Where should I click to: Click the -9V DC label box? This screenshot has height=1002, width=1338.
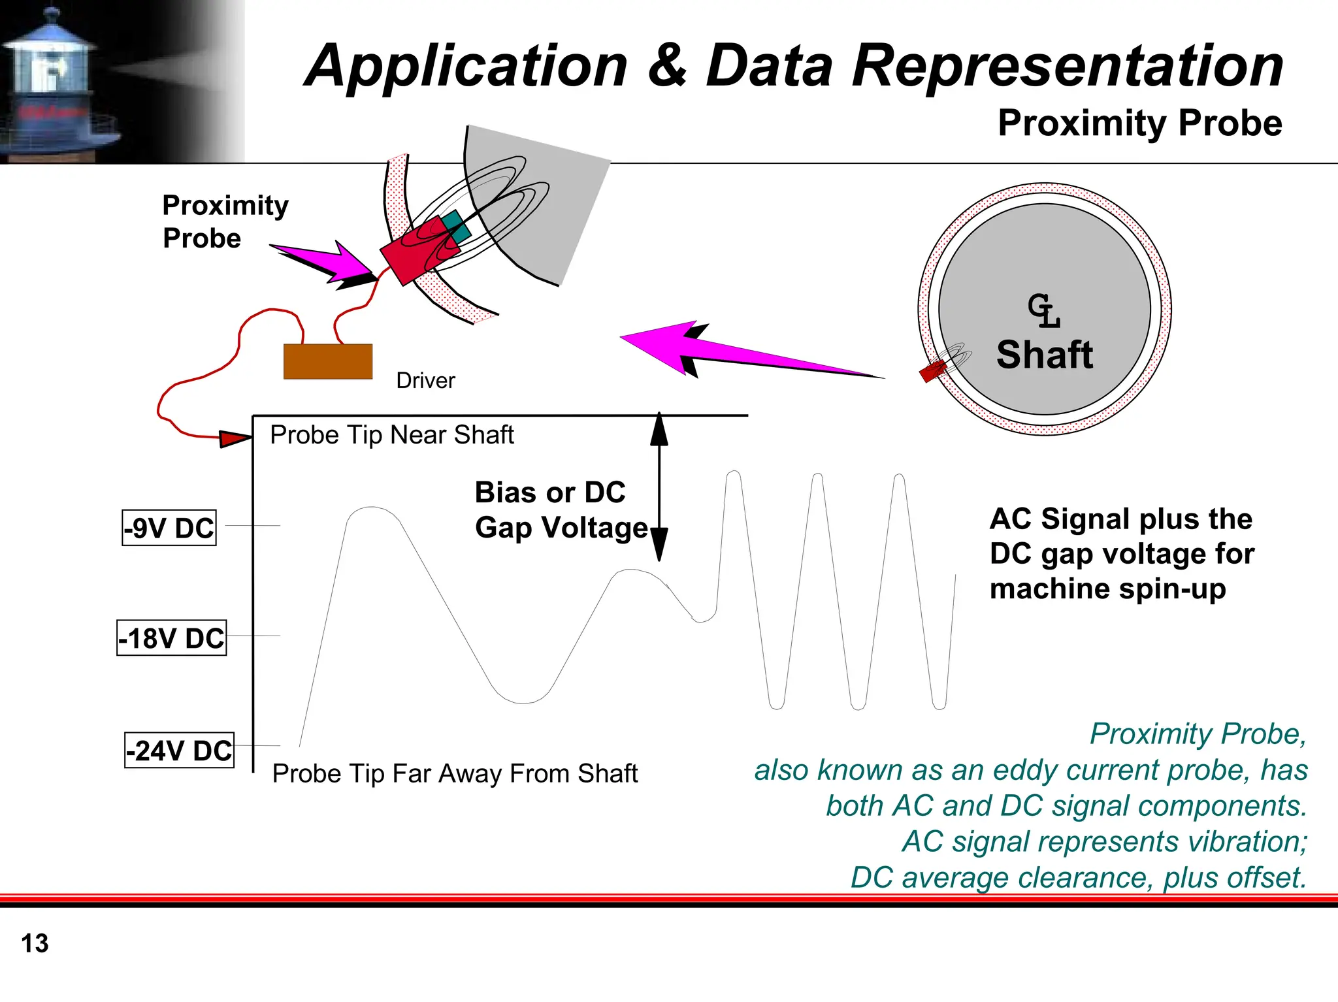click(169, 528)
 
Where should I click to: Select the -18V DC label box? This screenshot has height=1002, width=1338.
click(172, 638)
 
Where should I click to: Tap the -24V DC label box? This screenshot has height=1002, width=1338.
click(180, 751)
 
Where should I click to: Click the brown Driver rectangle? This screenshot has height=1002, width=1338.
click(328, 361)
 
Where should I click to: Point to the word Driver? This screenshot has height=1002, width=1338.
click(425, 380)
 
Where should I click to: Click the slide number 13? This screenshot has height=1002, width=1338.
click(35, 944)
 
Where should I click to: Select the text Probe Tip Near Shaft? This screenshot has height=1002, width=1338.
click(391, 435)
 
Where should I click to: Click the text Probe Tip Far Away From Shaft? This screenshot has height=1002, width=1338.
click(454, 773)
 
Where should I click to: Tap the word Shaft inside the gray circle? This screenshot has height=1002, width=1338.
click(1044, 355)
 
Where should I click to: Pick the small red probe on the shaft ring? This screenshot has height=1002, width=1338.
click(932, 371)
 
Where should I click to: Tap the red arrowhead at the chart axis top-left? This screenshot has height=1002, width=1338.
click(234, 438)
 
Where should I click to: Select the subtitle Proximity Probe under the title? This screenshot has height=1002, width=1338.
click(1139, 123)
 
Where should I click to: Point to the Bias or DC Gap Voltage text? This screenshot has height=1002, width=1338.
click(560, 510)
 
